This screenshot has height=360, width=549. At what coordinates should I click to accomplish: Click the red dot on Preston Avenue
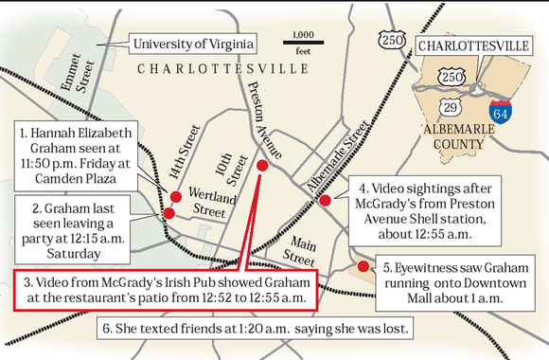coord(262,166)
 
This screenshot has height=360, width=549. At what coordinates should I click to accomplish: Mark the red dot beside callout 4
coord(325,200)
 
